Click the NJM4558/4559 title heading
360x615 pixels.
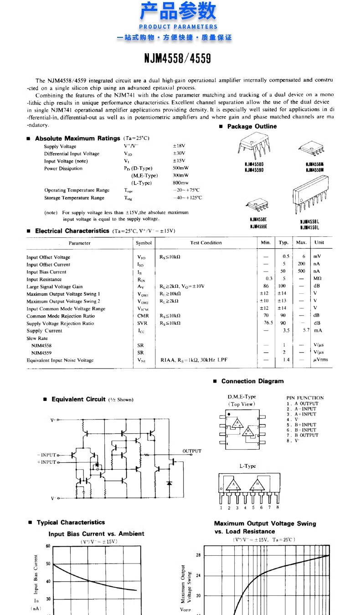pos(178,59)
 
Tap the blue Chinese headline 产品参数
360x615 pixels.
pos(178,11)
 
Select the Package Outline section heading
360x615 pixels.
pos(252,126)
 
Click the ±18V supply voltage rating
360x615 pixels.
pos(179,146)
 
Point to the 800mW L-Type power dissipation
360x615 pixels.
pos(180,183)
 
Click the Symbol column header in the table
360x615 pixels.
pos(144,243)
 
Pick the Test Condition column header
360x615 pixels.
pos(206,243)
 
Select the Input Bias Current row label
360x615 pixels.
pos(46,272)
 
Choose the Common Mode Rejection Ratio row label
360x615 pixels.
pos(61,316)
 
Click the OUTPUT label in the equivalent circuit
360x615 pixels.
pos(192,451)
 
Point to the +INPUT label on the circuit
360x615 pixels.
pos(46,462)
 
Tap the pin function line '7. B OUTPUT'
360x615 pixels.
pos(303,435)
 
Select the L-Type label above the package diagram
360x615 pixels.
pos(247,466)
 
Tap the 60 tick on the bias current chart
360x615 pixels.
pos(48,546)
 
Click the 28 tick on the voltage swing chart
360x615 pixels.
pos(198,555)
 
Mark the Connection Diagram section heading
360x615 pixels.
pos(252,381)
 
